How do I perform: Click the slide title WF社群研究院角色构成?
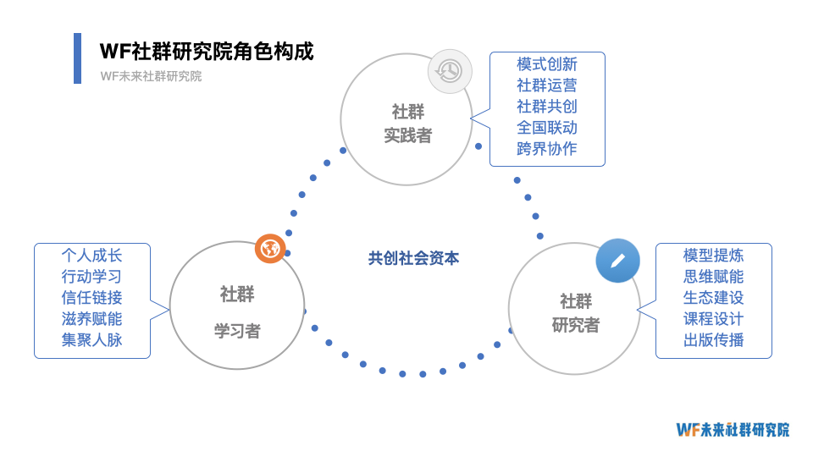click(207, 52)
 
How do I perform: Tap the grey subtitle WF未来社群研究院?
click(151, 76)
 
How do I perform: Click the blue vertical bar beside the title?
click(78, 58)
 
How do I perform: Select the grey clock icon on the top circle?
click(449, 71)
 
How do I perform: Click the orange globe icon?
click(270, 249)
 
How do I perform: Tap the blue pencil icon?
click(617, 261)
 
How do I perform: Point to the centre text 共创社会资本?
click(413, 259)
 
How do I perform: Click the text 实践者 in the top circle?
click(407, 135)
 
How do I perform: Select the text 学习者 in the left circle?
click(237, 331)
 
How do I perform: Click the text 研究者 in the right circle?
click(576, 325)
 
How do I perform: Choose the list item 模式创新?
click(547, 64)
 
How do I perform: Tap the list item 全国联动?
click(547, 128)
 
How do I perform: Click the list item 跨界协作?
click(547, 149)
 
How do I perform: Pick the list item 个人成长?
click(91, 255)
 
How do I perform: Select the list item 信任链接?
click(91, 298)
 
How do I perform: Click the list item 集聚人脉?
click(91, 340)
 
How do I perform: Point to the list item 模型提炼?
click(713, 256)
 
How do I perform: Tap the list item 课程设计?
click(713, 319)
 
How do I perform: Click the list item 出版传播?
click(713, 340)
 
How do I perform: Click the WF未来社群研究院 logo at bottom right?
click(733, 429)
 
